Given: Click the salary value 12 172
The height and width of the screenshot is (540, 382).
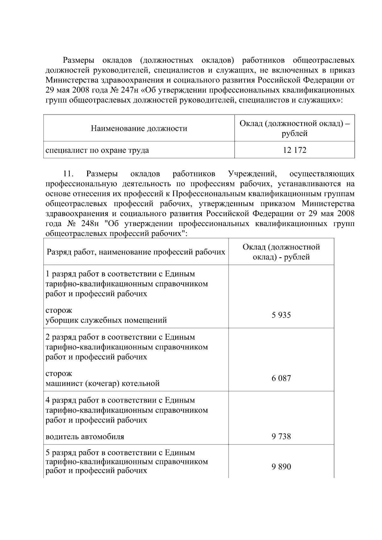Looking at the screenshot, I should coord(294,150).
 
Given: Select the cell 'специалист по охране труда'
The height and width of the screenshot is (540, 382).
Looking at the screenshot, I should coord(97,150).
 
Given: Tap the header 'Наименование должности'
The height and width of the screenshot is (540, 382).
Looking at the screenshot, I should coord(139,129).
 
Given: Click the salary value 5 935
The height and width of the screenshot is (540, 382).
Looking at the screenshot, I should coord(281,315).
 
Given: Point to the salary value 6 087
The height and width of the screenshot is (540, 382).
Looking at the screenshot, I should coord(281,378).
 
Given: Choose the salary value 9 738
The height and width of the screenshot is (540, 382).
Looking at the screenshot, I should coord(281,436).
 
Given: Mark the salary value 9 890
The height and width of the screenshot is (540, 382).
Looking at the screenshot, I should coord(281,467).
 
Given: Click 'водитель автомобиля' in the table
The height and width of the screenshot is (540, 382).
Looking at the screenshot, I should coord(85,436).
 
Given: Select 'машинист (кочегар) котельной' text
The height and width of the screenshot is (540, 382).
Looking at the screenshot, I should coord(103,383).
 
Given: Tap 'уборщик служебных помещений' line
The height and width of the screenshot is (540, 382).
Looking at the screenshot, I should coord(106,320).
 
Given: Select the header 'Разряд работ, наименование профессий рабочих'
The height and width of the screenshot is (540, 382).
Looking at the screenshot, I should coord(136,252).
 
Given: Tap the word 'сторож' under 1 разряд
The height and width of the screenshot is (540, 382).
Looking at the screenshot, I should coord(59,310).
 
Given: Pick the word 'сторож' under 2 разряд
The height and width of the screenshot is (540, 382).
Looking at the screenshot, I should coord(59,373).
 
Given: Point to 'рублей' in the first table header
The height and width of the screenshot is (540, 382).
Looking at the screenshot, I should coord(294,134).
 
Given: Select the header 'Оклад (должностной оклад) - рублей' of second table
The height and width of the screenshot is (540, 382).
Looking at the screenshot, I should coord(281,252).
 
